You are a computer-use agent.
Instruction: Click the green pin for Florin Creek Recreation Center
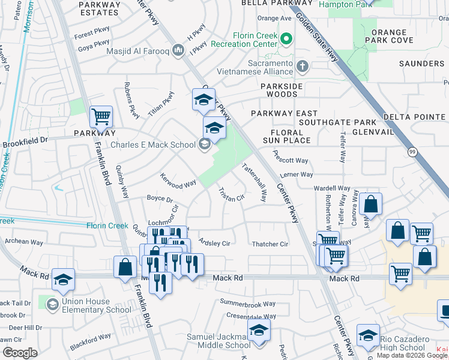[286, 40]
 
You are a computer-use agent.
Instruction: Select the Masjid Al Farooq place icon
[178, 50]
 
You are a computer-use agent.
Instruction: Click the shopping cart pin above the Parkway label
[101, 116]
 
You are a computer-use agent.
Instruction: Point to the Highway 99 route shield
[411, 152]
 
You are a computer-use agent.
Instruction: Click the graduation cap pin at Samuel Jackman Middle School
[259, 331]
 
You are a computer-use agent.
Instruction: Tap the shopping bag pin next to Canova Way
[372, 203]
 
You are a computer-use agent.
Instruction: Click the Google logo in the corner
[20, 353]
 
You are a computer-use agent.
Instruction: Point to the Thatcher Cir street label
[270, 244]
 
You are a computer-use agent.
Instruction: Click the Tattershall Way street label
[255, 182]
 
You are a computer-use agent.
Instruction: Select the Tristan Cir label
[231, 194]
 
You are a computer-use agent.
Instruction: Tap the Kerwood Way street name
[178, 181]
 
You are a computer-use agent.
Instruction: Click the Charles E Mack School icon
[205, 144]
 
